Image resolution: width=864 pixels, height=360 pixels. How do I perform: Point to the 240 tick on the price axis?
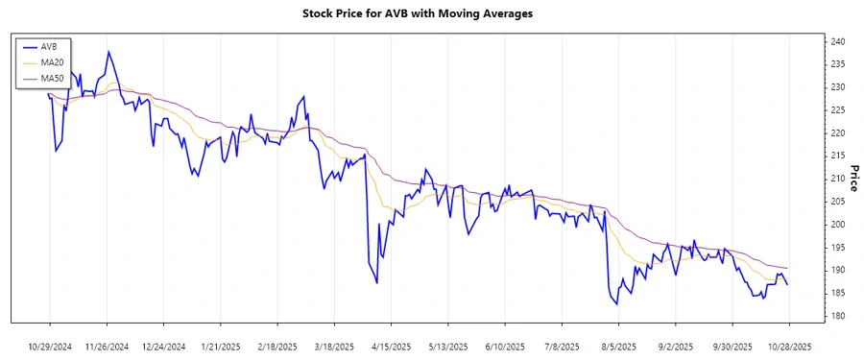coord(837,41)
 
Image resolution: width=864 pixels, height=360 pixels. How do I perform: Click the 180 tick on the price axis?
coord(837,316)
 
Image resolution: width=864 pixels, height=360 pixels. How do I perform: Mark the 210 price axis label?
coord(837,179)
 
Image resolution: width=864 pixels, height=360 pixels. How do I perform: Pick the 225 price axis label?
coord(837,110)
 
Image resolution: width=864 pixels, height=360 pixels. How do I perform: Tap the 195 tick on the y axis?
coord(837,248)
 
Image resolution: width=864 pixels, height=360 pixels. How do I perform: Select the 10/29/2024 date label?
coord(51,346)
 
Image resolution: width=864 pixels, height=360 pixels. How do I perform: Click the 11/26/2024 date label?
coord(108,346)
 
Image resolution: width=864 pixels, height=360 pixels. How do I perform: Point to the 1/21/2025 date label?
coord(221,346)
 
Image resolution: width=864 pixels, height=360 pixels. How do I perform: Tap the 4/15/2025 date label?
coord(390,346)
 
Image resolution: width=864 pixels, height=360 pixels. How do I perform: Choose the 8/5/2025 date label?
coord(618,346)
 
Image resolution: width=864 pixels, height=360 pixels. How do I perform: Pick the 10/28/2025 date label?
coord(787,346)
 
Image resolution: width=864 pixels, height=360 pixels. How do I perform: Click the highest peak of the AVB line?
coord(108,52)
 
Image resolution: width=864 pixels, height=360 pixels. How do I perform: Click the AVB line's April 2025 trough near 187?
coord(377,283)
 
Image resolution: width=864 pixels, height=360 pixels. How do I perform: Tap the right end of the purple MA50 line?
coord(787,268)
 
